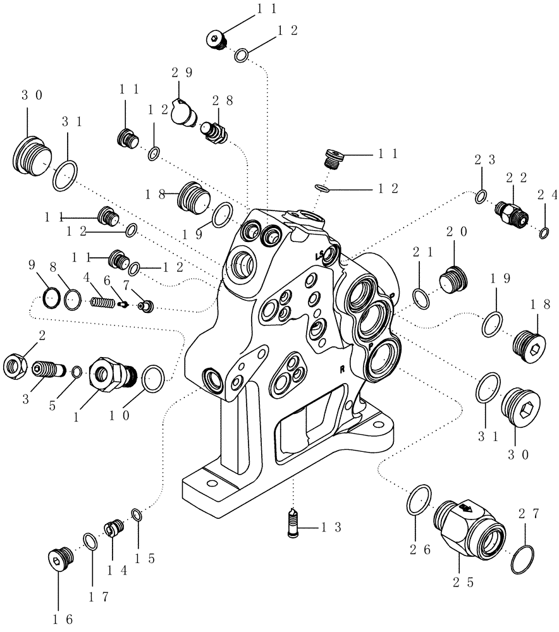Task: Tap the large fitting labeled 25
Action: click(471, 526)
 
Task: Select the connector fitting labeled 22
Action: click(512, 213)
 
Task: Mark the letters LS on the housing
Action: click(321, 256)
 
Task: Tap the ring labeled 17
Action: click(90, 542)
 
